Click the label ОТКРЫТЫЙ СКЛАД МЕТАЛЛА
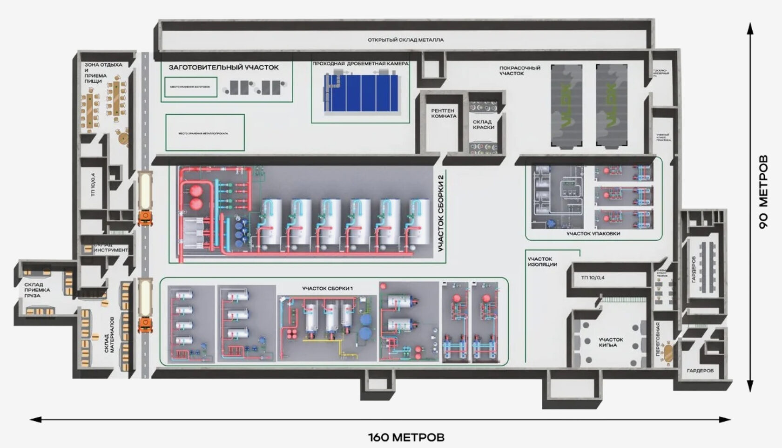click(405, 40)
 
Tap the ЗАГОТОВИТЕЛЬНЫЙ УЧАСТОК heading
click(223, 68)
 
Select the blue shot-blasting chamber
click(361, 93)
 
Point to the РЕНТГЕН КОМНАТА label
click(443, 114)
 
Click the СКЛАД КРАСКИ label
click(483, 124)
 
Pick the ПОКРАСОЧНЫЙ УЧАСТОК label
click(519, 70)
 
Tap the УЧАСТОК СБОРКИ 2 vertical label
click(441, 213)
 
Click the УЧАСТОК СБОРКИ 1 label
click(327, 289)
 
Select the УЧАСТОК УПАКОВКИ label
click(593, 234)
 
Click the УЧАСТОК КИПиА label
click(611, 342)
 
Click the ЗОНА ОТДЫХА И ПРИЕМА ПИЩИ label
click(102, 73)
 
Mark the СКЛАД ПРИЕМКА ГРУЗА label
click(37, 290)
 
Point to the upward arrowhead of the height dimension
click(750, 29)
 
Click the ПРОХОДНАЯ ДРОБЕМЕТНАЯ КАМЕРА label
click(360, 64)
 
